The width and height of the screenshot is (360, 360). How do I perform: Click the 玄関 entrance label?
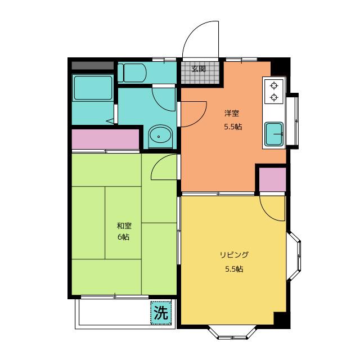(199, 69)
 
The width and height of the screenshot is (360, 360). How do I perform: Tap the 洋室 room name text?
(232, 113)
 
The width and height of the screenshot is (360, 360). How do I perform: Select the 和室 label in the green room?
(124, 226)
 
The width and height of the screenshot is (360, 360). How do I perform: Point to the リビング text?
(234, 255)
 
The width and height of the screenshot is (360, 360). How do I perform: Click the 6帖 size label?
(124, 237)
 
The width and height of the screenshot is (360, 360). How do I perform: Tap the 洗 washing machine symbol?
(161, 313)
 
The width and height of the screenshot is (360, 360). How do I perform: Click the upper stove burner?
(274, 86)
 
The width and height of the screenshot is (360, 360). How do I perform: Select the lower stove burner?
(274, 97)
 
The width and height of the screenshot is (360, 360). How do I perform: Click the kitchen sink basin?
(274, 134)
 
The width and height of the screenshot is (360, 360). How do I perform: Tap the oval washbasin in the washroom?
(160, 136)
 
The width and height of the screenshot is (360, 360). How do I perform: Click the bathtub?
(93, 88)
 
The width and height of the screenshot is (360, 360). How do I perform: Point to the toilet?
(132, 73)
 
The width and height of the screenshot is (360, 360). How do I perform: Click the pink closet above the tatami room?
(105, 139)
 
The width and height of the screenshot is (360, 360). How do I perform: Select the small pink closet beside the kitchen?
(272, 179)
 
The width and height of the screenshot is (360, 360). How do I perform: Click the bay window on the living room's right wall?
(294, 256)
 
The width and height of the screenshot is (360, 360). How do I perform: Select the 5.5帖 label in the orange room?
(233, 127)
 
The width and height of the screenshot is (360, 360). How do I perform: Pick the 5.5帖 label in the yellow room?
(234, 269)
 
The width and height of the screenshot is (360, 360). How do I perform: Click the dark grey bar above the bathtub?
(93, 65)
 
